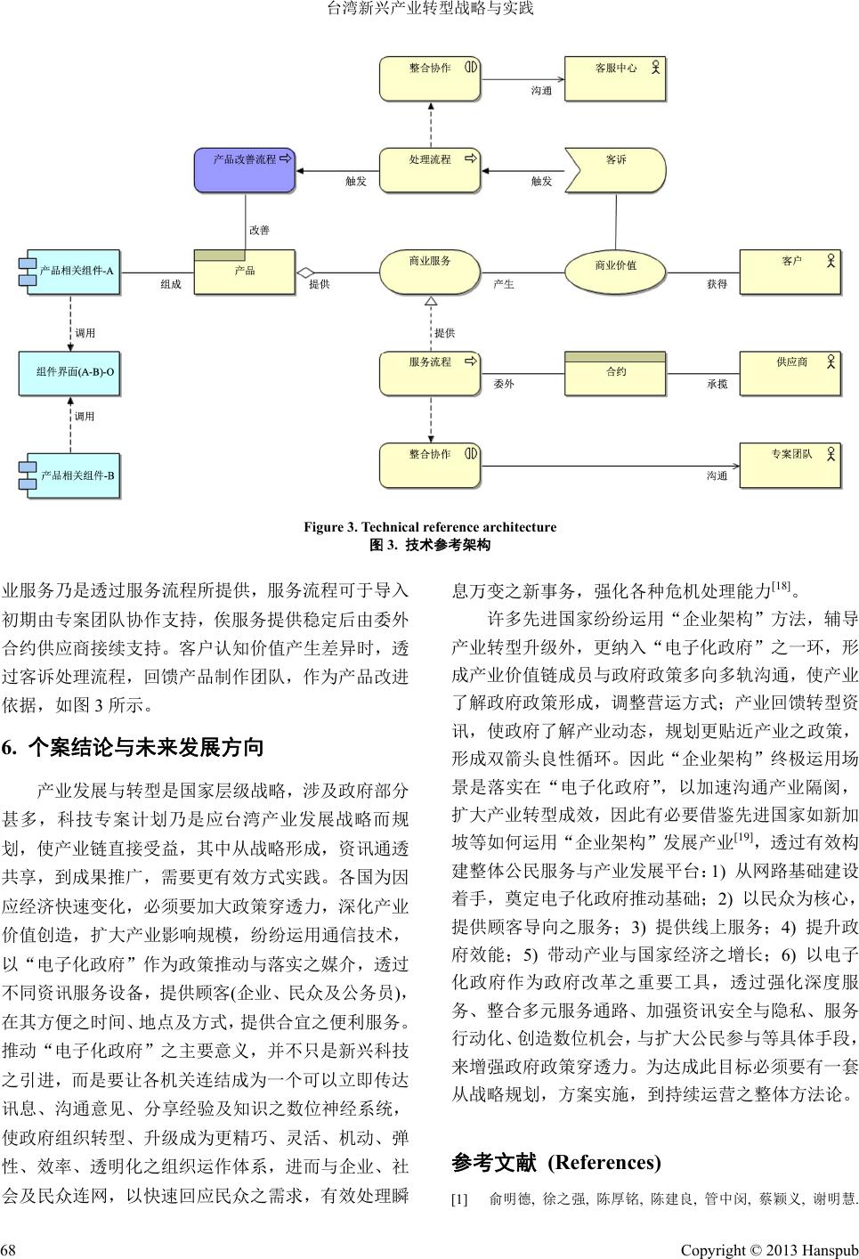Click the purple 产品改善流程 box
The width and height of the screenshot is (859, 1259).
(245, 170)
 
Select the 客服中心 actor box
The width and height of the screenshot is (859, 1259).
(615, 78)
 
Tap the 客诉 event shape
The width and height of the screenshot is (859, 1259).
(615, 169)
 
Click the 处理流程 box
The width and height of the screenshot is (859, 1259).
(430, 169)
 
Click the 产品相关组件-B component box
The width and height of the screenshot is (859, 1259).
(71, 475)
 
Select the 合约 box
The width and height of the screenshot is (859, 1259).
(615, 372)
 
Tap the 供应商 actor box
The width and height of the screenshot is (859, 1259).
(790, 372)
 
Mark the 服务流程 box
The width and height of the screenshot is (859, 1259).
(430, 372)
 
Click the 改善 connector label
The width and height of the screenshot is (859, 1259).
(259, 230)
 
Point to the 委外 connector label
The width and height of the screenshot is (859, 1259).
(504, 385)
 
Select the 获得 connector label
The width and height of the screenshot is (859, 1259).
(717, 284)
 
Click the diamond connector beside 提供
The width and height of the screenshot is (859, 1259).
(306, 272)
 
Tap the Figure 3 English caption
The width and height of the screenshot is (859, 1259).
(430, 527)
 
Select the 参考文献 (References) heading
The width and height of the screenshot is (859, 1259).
(556, 1162)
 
